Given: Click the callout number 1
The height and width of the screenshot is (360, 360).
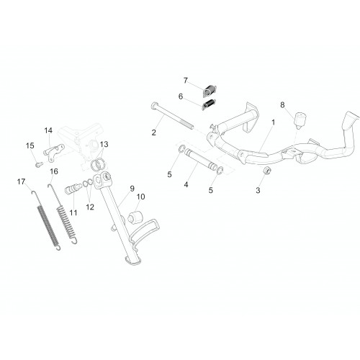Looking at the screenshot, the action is (x=273, y=122).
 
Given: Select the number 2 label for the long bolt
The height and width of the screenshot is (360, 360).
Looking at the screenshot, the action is (x=153, y=132).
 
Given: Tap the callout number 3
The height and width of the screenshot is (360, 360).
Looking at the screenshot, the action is (x=258, y=190).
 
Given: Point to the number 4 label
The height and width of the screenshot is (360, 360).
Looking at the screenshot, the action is (x=186, y=184).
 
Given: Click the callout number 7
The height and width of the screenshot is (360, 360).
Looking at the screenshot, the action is (x=185, y=81).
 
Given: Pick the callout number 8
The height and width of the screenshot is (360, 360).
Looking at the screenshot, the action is (x=282, y=105).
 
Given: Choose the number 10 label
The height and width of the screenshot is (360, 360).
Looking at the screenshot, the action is (x=140, y=197).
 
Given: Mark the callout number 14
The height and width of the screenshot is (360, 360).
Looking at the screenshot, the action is (x=48, y=130).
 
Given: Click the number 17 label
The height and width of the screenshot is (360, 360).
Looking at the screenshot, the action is (x=21, y=182).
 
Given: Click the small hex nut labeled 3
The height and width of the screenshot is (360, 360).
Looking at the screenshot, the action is (x=266, y=171).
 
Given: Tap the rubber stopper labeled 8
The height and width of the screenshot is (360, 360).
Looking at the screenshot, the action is (x=301, y=120).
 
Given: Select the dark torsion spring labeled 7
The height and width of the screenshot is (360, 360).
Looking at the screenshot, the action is (x=210, y=91).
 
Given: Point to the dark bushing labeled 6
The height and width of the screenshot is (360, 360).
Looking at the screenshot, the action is (x=209, y=104).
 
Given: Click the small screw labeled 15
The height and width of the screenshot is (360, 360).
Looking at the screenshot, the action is (x=39, y=165).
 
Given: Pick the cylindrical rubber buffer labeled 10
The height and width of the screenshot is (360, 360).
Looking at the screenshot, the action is (x=134, y=216).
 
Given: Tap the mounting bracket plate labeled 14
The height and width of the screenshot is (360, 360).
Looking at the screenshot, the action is (x=54, y=153).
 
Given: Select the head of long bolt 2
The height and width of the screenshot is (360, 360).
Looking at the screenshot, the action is (x=154, y=105).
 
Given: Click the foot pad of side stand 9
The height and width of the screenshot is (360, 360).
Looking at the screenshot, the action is (x=132, y=261).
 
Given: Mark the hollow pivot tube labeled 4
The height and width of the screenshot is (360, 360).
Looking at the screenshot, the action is (x=200, y=159).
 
